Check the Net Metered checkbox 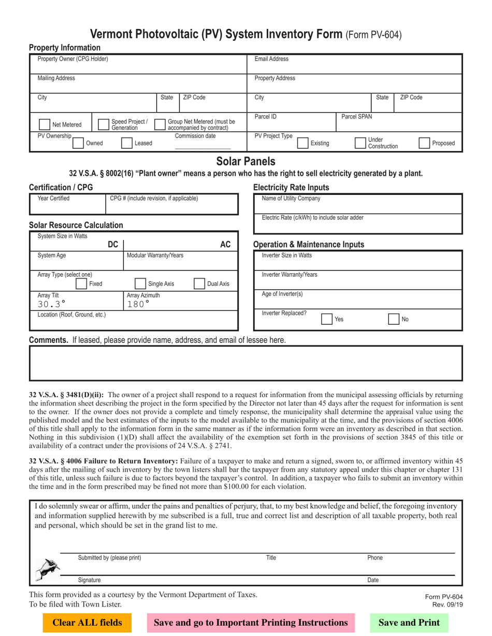click(x=44, y=124)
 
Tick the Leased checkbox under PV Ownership click(x=126, y=143)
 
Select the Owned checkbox click(x=78, y=143)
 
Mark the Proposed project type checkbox click(x=424, y=143)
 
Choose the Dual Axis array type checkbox click(x=199, y=283)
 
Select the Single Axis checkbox click(x=140, y=283)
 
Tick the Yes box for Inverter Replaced click(x=327, y=319)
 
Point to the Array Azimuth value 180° click(x=138, y=304)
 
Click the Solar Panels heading click(x=246, y=161)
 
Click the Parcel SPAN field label click(x=356, y=117)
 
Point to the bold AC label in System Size click(x=226, y=245)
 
